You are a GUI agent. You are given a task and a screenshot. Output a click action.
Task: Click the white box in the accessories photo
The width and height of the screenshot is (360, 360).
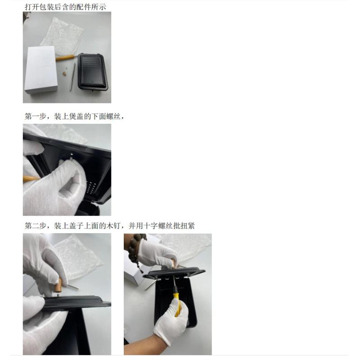point(41,70)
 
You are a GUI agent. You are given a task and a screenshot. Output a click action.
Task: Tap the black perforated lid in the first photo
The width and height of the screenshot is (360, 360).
point(93,72)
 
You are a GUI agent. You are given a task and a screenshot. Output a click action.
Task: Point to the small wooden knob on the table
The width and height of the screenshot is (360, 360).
point(65,74)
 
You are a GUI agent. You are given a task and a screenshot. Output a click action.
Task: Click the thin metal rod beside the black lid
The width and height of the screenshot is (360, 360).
point(72,77)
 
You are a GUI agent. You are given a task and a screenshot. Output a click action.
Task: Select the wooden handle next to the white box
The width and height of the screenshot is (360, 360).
point(65,57)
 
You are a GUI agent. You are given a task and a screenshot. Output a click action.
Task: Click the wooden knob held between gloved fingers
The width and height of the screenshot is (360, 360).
point(58,285)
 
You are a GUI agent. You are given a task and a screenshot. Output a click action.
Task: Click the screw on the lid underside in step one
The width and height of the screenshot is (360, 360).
point(72,156)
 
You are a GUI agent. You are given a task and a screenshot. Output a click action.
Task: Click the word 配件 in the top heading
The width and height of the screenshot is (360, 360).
point(84,7)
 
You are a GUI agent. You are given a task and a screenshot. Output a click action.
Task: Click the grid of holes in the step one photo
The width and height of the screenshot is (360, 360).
point(91,187)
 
